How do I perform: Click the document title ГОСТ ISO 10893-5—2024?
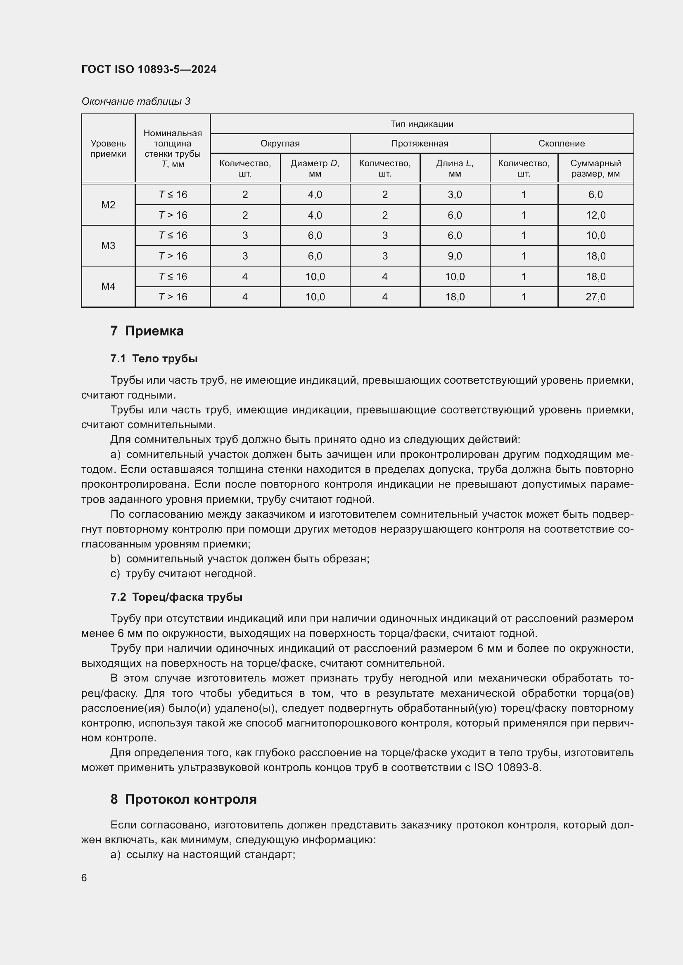[149, 69]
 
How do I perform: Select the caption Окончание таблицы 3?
[135, 101]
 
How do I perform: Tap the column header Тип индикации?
[422, 124]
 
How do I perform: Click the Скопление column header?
[561, 143]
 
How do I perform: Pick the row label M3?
[108, 245]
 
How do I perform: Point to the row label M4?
[108, 287]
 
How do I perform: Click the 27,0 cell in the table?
[595, 297]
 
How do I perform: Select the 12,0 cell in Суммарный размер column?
[595, 215]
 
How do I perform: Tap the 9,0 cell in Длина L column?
[454, 256]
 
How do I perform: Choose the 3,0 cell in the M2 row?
[454, 195]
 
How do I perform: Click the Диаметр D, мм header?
[315, 168]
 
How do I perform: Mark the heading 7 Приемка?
[147, 331]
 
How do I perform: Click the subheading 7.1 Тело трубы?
[154, 359]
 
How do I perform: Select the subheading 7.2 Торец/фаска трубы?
[176, 597]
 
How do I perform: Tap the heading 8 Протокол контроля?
[183, 799]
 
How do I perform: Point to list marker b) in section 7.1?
[115, 559]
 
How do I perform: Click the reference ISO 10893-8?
[507, 767]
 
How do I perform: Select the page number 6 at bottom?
[84, 878]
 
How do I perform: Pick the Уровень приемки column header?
[108, 149]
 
